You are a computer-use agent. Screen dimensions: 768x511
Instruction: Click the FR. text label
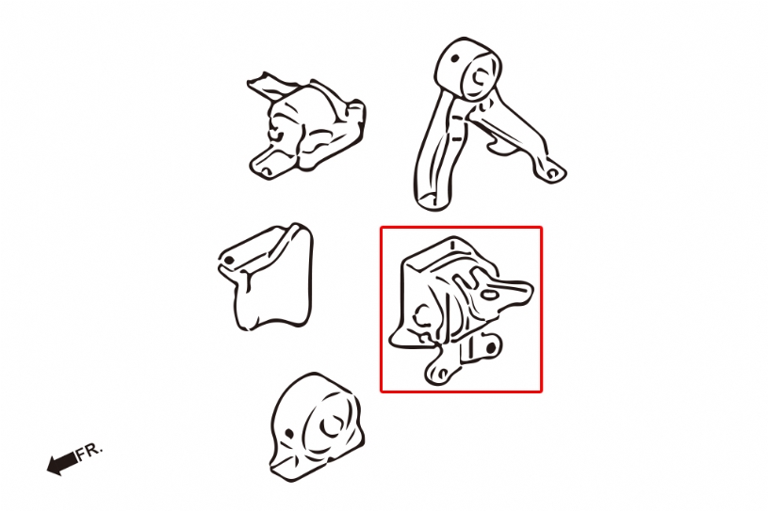coord(90,451)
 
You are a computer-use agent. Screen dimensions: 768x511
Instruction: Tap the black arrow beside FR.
coord(62,463)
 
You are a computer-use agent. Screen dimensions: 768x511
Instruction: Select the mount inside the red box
coord(461,310)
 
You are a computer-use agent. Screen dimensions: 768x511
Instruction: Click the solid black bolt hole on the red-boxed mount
coord(492,347)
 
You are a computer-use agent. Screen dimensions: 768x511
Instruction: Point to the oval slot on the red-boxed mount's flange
coord(489,295)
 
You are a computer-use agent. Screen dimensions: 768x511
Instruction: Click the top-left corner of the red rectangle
coord(381,227)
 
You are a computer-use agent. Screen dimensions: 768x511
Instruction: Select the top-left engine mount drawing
coord(307,126)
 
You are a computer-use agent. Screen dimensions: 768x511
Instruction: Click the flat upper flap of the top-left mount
coord(269,86)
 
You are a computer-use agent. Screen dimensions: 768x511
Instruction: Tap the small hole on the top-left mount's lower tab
coord(265,170)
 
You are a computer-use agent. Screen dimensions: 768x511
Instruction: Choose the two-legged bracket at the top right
coord(486,123)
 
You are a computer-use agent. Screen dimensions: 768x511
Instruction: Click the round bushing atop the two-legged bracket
coord(468,69)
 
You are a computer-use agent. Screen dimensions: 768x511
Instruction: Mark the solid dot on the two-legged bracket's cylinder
coord(454,59)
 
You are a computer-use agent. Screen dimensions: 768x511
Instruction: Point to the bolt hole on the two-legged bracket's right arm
coord(553,173)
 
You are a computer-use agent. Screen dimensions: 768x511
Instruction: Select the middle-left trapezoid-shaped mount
coord(266,277)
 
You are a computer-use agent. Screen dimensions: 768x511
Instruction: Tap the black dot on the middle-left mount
coord(229,261)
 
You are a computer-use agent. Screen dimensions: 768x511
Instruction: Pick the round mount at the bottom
coord(317,427)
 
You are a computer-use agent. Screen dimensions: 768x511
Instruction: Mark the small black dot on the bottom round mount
coord(289,433)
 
